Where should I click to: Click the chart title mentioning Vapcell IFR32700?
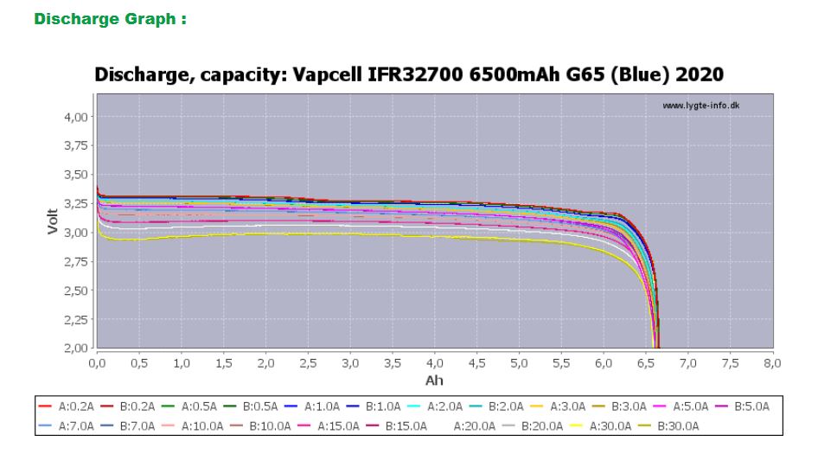(408, 76)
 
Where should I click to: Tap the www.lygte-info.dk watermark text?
(701, 106)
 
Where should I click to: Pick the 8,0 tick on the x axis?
(772, 363)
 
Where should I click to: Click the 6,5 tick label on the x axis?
(645, 363)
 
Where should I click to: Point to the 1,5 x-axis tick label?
(222, 363)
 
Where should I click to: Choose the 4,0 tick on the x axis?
(434, 363)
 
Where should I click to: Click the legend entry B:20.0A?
(540, 425)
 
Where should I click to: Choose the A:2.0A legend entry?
(444, 406)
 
